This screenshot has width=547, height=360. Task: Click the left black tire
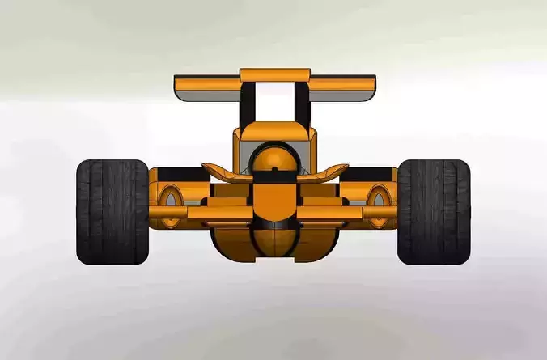(x=112, y=211)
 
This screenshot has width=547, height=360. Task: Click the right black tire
(x=434, y=211)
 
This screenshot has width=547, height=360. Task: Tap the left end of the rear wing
(x=180, y=83)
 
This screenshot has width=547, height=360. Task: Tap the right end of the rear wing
(x=371, y=83)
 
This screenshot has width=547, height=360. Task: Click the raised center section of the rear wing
(x=275, y=74)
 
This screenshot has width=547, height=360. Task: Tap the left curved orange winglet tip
(x=209, y=167)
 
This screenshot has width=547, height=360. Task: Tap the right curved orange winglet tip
(x=341, y=167)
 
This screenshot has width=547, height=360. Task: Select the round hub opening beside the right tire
(x=378, y=197)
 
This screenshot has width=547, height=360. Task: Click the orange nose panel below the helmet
(x=274, y=199)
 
